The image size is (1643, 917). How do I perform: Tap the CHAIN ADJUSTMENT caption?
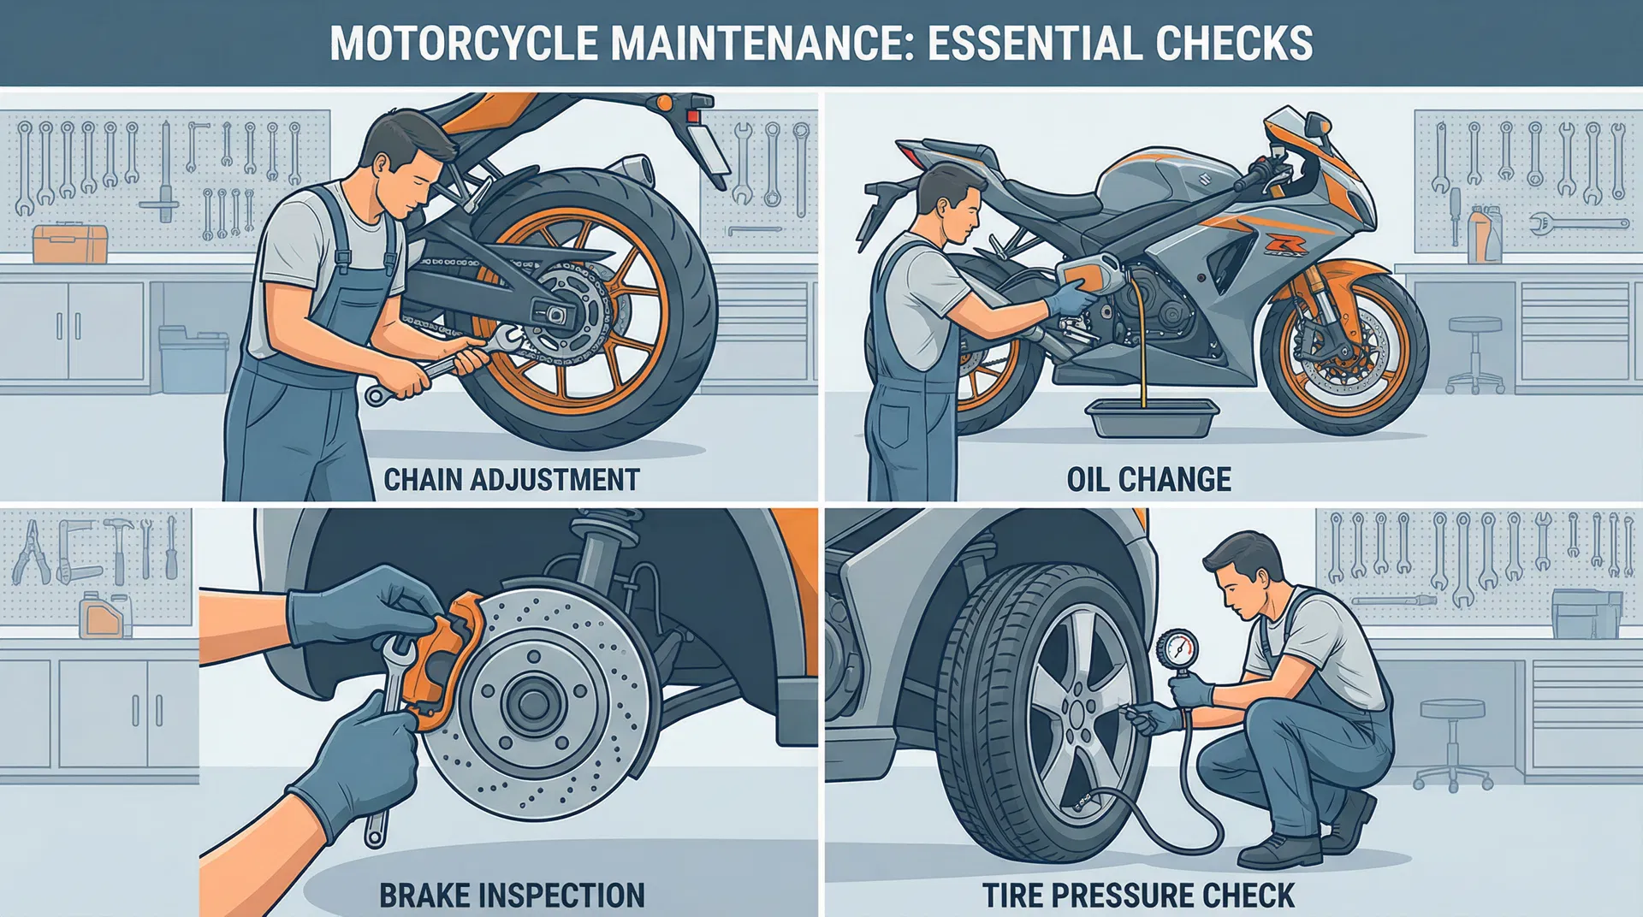[511, 479]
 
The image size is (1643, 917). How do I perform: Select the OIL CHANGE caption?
[1148, 479]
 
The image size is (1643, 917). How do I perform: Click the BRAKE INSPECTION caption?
[512, 895]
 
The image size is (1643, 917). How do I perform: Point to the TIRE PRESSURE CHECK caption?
[1138, 895]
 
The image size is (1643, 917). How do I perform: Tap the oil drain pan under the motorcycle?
[1151, 419]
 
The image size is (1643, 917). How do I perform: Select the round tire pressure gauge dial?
[1177, 649]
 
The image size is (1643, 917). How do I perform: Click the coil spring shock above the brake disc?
[590, 547]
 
